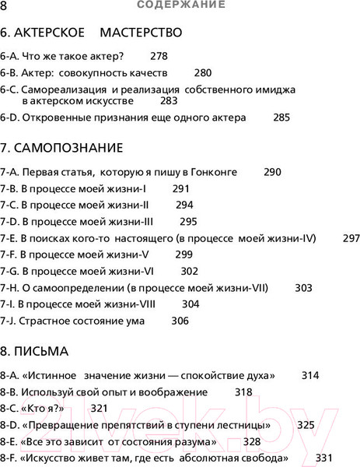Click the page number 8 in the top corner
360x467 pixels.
(5, 5)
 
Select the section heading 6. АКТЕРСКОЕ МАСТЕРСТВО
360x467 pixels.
(91, 33)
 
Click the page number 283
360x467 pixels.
(169, 101)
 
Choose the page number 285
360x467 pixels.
(281, 118)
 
